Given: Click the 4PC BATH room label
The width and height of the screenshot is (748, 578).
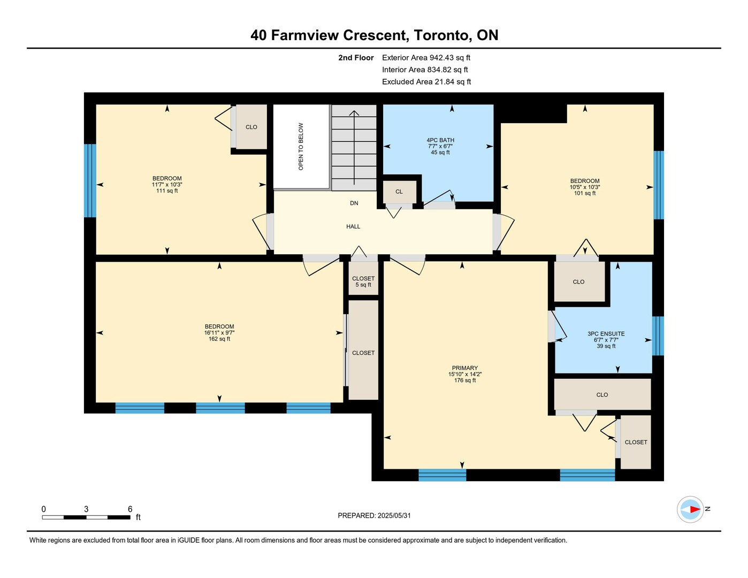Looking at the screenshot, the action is point(440,140).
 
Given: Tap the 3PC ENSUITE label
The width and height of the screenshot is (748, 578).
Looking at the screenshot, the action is point(606,333).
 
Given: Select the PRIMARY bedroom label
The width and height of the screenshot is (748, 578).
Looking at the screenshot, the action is point(465,368).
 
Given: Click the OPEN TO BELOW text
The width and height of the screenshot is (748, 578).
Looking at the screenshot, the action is point(301,147).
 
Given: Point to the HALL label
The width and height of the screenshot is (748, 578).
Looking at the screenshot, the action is point(353,226).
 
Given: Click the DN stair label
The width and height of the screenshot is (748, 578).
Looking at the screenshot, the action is point(354,203).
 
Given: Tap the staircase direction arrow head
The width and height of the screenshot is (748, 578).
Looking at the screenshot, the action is point(354,112).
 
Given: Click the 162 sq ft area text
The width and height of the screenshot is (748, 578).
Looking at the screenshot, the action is point(219,339).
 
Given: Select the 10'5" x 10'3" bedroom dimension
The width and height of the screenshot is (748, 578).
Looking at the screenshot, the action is point(584,187).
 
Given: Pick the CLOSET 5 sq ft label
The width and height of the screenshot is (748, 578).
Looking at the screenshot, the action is point(363,282).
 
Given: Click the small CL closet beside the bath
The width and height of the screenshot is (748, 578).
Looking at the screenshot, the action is point(399,192).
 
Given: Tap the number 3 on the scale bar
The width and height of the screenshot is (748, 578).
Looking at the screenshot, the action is point(86,509).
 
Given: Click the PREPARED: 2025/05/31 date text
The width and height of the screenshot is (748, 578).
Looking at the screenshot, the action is point(374,516).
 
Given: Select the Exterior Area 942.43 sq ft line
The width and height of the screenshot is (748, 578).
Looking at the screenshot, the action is point(426,57).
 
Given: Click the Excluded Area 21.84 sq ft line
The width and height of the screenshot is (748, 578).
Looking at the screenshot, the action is point(426,81).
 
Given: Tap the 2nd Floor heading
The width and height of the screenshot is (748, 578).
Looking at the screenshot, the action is point(356,57).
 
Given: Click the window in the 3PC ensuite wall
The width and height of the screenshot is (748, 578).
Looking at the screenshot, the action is point(658,336).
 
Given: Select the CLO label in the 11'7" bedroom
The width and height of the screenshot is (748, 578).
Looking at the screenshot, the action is point(251,127).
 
